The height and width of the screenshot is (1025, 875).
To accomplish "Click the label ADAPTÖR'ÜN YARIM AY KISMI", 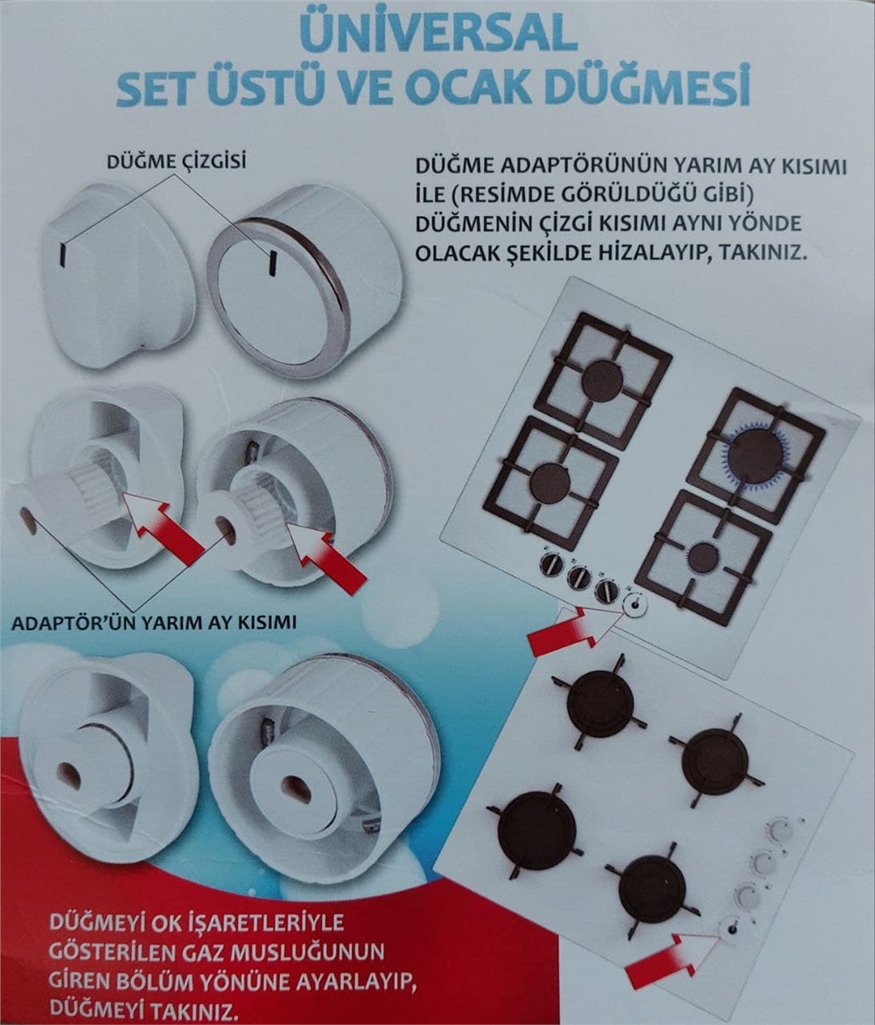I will tap(154, 623).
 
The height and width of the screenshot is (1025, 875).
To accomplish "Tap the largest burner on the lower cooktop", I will tap(536, 830).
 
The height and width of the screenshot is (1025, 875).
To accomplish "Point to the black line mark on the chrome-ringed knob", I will tap(272, 261).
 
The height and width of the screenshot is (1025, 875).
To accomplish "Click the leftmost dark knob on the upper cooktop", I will tap(551, 565).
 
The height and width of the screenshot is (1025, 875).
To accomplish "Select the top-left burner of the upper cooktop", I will tap(603, 380).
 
